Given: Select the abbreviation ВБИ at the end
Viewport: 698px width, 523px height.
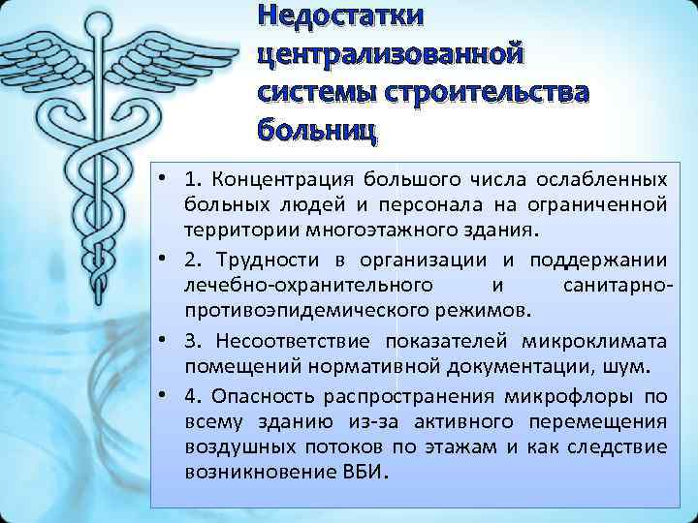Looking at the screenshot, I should (x=365, y=475).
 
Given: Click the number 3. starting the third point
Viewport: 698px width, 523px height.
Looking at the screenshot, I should (x=195, y=342).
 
